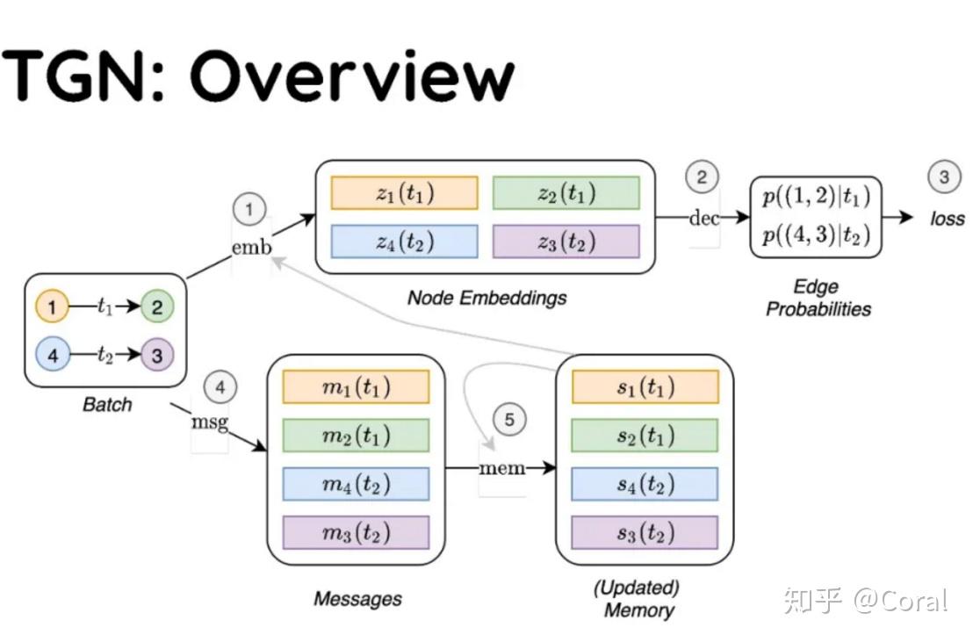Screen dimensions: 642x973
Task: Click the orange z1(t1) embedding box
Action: coord(404,193)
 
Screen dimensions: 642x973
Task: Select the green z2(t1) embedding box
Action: coord(566,193)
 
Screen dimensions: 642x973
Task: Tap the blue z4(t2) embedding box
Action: coord(404,242)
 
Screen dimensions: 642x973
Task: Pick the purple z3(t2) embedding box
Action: coord(566,242)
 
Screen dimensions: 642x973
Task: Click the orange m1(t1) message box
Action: coord(356,386)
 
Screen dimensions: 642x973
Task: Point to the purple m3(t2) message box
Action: coord(356,532)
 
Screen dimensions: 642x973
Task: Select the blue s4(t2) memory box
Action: coord(645,484)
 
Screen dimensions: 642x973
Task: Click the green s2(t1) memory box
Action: coord(645,436)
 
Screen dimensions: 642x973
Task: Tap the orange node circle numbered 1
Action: coord(52,307)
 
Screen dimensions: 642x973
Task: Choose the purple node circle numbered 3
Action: coord(157,355)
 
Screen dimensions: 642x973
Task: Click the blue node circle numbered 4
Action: coord(52,355)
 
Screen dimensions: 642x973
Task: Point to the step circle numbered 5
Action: coord(509,420)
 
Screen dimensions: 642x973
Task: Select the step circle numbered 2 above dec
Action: coord(702,178)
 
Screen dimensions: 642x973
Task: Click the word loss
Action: coord(947,219)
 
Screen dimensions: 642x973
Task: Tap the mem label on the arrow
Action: coord(501,468)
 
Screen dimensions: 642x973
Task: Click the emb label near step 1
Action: coord(251,247)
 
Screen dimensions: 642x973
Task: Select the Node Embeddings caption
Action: coord(486,298)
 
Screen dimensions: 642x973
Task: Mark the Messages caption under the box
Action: coord(357,599)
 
